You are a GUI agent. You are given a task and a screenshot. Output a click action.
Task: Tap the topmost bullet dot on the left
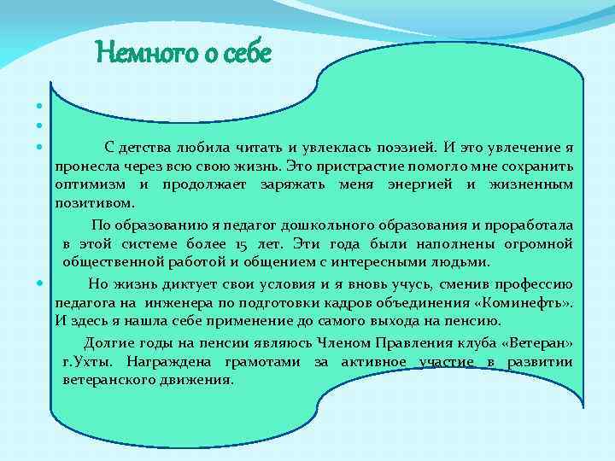(x=39, y=107)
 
